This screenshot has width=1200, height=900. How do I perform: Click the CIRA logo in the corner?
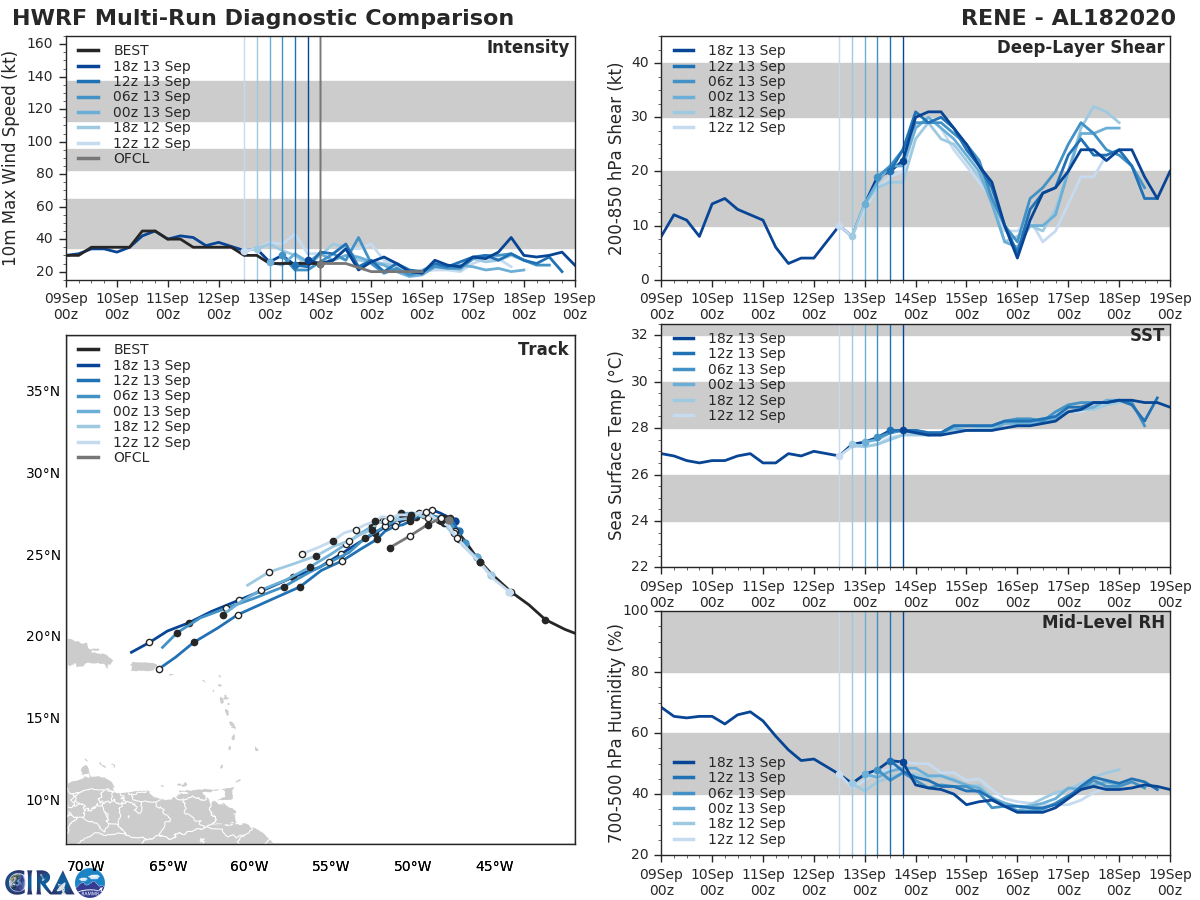coord(55,881)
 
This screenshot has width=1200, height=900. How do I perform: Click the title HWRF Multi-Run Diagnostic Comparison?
coord(263,18)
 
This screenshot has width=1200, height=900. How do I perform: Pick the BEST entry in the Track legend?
coord(132,350)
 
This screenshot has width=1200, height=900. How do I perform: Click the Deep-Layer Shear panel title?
coord(1080,48)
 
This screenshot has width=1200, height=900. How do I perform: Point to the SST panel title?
coord(1146,335)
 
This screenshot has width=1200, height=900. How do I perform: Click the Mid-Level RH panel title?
coord(1103,622)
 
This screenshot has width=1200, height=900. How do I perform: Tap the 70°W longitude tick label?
coord(85,866)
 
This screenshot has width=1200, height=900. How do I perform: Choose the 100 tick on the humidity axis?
coord(633,611)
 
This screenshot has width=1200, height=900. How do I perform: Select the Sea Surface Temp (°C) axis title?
coord(616,445)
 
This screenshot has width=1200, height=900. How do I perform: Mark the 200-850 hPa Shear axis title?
coord(616,158)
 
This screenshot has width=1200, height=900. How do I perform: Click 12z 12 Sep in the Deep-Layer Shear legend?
coord(747,127)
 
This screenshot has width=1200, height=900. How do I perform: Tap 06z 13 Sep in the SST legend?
coord(747,369)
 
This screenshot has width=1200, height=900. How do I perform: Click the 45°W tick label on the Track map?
coord(494,866)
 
